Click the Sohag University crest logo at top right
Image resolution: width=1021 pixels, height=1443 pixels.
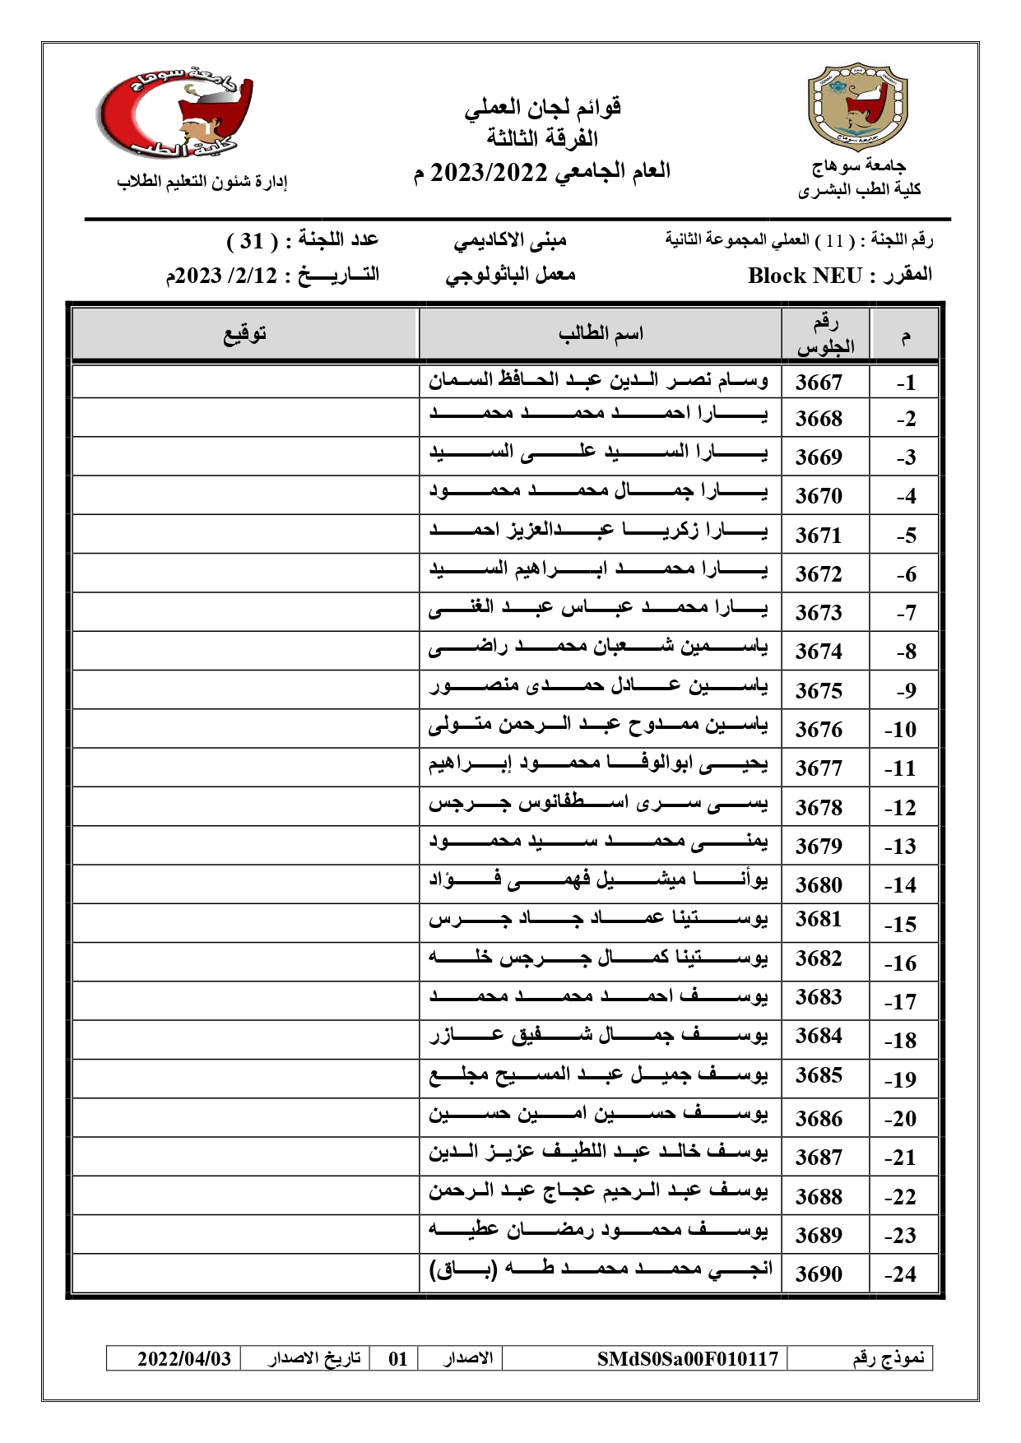pyautogui.click(x=857, y=105)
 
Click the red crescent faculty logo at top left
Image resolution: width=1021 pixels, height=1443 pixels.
pyautogui.click(x=174, y=112)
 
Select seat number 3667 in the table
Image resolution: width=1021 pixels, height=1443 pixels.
pyautogui.click(x=819, y=382)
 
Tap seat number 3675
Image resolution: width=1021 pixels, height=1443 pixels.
pyautogui.click(x=819, y=690)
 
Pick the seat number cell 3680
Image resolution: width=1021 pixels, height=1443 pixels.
pyautogui.click(x=819, y=884)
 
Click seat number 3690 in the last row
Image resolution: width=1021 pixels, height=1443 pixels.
pyautogui.click(x=819, y=1274)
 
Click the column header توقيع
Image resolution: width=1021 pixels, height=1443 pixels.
pyautogui.click(x=245, y=334)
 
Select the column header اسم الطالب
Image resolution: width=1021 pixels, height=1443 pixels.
pyautogui.click(x=601, y=334)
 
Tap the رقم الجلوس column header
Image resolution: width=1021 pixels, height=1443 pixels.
pyautogui.click(x=825, y=335)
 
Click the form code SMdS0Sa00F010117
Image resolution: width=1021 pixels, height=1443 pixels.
pyautogui.click(x=687, y=1358)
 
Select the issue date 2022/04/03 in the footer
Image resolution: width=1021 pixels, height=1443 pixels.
pyautogui.click(x=184, y=1358)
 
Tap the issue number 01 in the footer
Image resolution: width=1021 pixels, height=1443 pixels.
pyautogui.click(x=398, y=1358)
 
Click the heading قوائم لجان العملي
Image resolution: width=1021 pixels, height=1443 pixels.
pyautogui.click(x=543, y=108)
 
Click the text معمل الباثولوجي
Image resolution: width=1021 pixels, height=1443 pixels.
pyautogui.click(x=510, y=276)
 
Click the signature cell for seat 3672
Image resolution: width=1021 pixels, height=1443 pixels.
pyautogui.click(x=245, y=573)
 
